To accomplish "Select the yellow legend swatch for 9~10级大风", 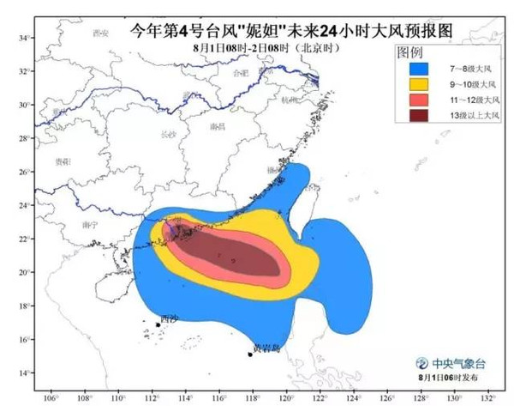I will pos(418,85).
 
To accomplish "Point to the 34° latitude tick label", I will pos(26,38).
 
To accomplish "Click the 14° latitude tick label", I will pos(26,373).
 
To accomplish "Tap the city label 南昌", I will pos(217,125).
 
